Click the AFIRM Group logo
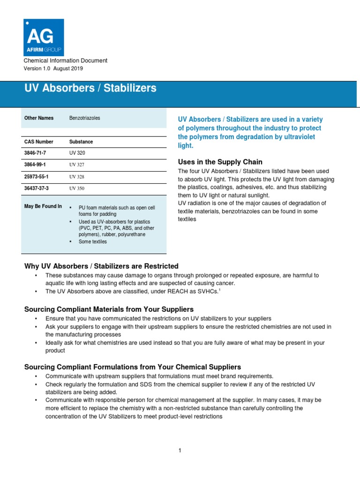44,37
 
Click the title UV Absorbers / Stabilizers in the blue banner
90,88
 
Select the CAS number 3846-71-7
36,153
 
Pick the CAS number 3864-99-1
36,165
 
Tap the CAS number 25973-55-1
37,177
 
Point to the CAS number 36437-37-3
37,188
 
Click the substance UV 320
77,153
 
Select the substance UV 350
77,188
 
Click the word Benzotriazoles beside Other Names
85,118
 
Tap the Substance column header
81,142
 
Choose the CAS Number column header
38,142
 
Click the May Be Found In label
43,206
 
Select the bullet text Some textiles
93,242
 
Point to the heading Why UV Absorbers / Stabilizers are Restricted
101,266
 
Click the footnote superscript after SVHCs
219,290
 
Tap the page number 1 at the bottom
180,450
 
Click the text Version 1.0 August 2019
53,68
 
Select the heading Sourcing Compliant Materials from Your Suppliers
109,309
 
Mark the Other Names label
39,118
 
